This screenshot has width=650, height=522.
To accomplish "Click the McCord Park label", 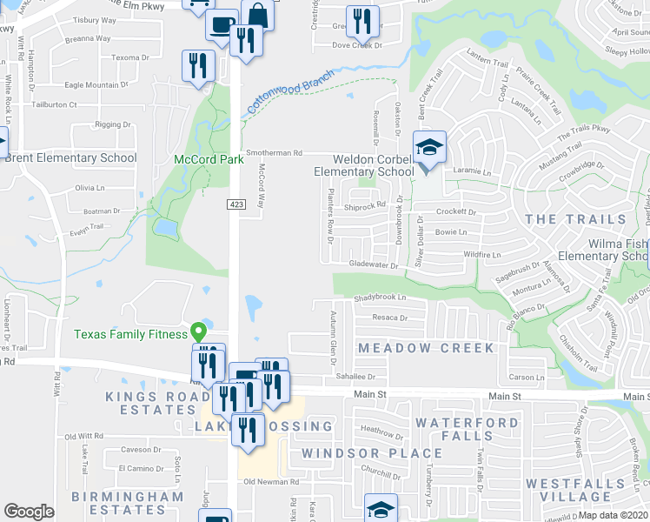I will [x=209, y=160].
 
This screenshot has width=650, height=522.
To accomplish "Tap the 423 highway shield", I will [x=235, y=204].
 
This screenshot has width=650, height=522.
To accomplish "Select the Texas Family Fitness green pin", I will [x=198, y=331].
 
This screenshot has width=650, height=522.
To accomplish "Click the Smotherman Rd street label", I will [x=274, y=152].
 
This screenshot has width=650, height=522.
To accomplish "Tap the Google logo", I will [x=29, y=512].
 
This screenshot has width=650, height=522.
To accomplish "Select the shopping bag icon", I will [x=258, y=15].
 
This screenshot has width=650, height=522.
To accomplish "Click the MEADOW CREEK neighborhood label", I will [x=426, y=348].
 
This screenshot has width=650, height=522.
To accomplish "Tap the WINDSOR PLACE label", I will [x=372, y=453].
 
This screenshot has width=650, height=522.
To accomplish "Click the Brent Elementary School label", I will [x=70, y=157].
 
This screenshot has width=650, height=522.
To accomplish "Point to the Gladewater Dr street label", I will [x=373, y=265].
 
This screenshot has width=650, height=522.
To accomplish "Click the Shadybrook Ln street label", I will [x=380, y=298].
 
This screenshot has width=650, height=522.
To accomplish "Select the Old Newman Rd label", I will [x=271, y=481].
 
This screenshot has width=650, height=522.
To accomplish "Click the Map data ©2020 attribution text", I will [x=614, y=515].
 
